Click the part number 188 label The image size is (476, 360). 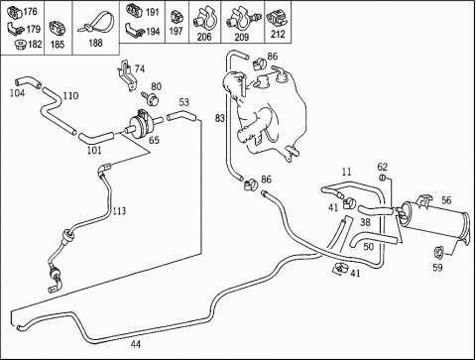(95, 44)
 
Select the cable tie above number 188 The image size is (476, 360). (96, 23)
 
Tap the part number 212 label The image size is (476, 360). (278, 34)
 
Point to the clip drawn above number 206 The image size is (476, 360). (204, 18)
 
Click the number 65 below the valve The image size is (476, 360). (154, 140)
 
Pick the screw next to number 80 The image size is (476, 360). (151, 98)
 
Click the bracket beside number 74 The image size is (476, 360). (126, 75)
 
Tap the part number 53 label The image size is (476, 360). (184, 102)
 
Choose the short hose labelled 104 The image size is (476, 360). (28, 82)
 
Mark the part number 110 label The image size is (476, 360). (70, 96)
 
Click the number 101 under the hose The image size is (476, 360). (94, 151)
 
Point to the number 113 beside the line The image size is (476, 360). (119, 211)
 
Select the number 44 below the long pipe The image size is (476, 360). (136, 344)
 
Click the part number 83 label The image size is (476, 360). (219, 118)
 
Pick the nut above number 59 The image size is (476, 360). (439, 253)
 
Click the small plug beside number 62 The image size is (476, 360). (382, 178)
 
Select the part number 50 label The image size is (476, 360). (369, 247)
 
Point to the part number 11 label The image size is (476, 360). (346, 172)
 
